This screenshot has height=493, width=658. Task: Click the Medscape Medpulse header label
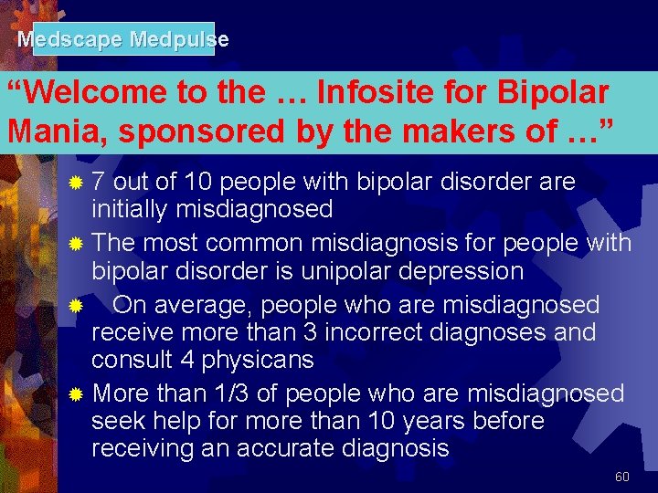[x=123, y=39]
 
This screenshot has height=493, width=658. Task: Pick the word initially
[x=133, y=209]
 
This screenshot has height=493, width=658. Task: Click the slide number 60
[x=622, y=477]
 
